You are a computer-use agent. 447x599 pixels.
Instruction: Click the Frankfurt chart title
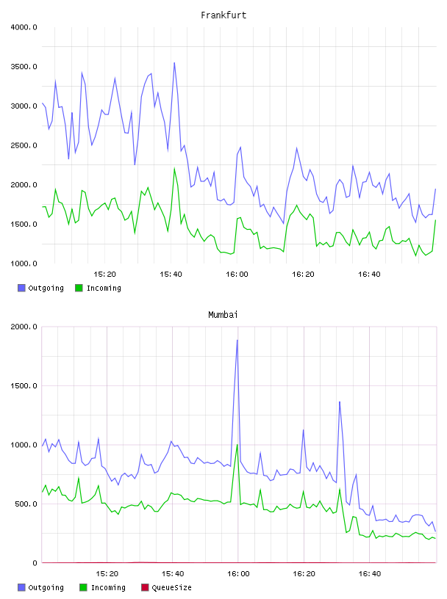pyautogui.click(x=223, y=15)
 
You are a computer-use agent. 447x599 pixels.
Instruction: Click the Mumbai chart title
pyautogui.click(x=223, y=315)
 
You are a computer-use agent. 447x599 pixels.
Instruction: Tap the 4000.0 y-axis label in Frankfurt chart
pyautogui.click(x=24, y=27)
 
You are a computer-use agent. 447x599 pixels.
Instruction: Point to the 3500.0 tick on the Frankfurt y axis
pyautogui.click(x=24, y=67)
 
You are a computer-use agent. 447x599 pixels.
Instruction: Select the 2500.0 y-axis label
pyautogui.click(x=24, y=145)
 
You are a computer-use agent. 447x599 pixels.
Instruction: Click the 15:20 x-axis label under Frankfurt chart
pyautogui.click(x=104, y=274)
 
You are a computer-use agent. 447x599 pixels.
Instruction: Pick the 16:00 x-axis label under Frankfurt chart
pyautogui.click(x=237, y=274)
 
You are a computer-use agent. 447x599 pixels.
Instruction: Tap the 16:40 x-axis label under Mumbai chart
pyautogui.click(x=370, y=573)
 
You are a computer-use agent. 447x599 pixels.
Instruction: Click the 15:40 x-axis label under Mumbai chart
pyautogui.click(x=173, y=573)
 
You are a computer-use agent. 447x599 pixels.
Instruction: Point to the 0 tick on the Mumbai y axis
pyautogui.click(x=35, y=563)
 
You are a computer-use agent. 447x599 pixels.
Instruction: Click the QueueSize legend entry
pyautogui.click(x=171, y=587)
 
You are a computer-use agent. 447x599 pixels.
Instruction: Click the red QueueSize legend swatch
pyautogui.click(x=145, y=587)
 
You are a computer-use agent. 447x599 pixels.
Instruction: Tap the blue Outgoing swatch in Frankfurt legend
pyautogui.click(x=21, y=288)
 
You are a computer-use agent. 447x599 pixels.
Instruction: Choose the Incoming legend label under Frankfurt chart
pyautogui.click(x=104, y=288)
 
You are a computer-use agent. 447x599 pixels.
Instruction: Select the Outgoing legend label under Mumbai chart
pyautogui.click(x=46, y=587)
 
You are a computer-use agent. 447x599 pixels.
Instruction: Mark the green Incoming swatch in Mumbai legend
pyautogui.click(x=83, y=587)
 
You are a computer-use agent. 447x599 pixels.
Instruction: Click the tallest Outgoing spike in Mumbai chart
pyautogui.click(x=237, y=340)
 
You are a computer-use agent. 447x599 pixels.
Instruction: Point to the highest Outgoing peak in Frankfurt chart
pyautogui.click(x=174, y=62)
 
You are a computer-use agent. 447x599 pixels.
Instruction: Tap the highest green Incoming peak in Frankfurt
pyautogui.click(x=174, y=169)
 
